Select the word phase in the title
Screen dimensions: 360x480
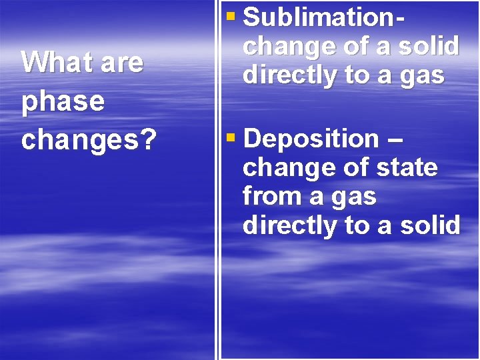pos(63,101)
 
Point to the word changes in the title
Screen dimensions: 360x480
pos(81,140)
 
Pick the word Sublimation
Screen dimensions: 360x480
pos(319,17)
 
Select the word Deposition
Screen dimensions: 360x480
pos(311,139)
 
